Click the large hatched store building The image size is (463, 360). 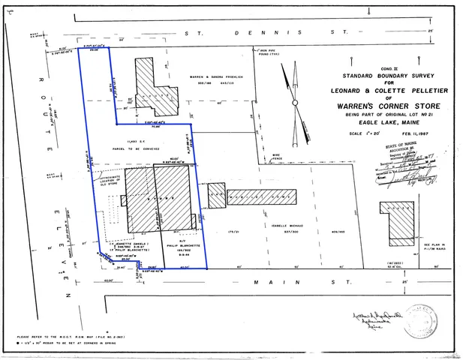click(x=161, y=199)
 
